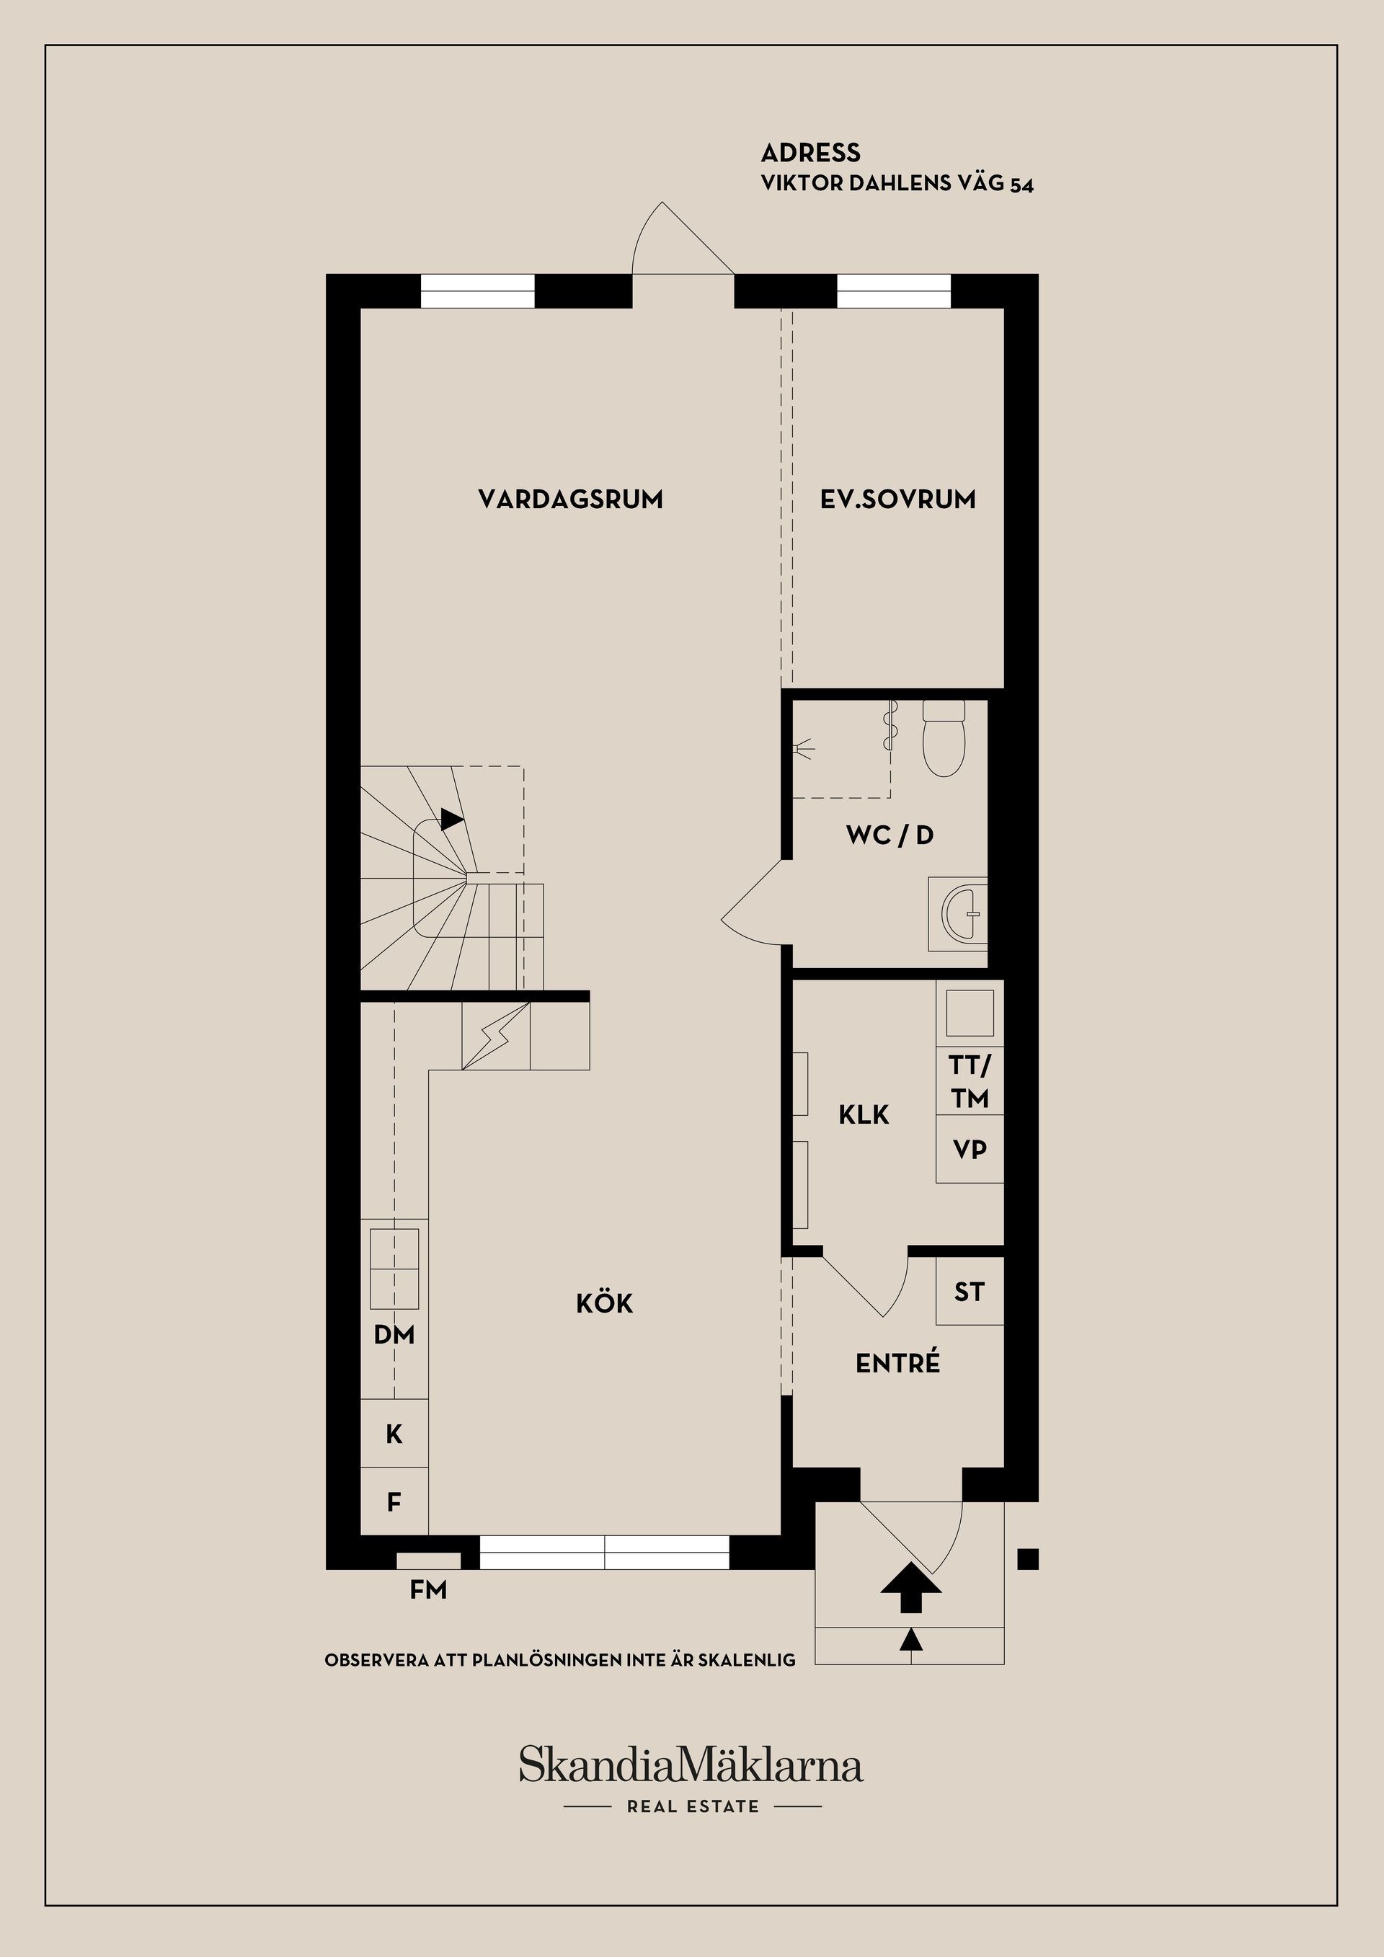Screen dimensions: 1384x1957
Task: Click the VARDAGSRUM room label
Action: pyautogui.click(x=570, y=500)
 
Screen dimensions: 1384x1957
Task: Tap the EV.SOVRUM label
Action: pyautogui.click(x=898, y=500)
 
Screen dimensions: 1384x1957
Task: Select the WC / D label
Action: pyautogui.click(x=890, y=835)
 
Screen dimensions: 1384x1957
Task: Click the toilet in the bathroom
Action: pyautogui.click(x=944, y=738)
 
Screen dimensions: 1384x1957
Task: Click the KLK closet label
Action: pyautogui.click(x=864, y=1114)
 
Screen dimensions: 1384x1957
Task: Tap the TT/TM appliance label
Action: pyautogui.click(x=970, y=1082)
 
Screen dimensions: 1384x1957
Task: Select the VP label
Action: pyautogui.click(x=970, y=1149)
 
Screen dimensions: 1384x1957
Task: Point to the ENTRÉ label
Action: pyautogui.click(x=897, y=1362)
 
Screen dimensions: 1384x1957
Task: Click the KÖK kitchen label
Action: pyautogui.click(x=604, y=1303)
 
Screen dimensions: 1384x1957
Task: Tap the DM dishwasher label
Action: pyautogui.click(x=394, y=1335)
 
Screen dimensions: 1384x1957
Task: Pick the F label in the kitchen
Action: pyautogui.click(x=394, y=1502)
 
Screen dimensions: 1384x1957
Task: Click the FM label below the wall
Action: pyautogui.click(x=427, y=1589)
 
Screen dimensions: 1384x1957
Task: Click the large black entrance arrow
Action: pyautogui.click(x=911, y=1587)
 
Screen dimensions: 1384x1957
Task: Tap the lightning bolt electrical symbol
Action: pyautogui.click(x=496, y=1036)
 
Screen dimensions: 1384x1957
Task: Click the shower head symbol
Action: pyautogui.click(x=802, y=749)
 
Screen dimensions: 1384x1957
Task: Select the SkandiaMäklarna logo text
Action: pyautogui.click(x=691, y=1765)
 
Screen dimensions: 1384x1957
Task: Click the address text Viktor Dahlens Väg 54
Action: pyautogui.click(x=897, y=183)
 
